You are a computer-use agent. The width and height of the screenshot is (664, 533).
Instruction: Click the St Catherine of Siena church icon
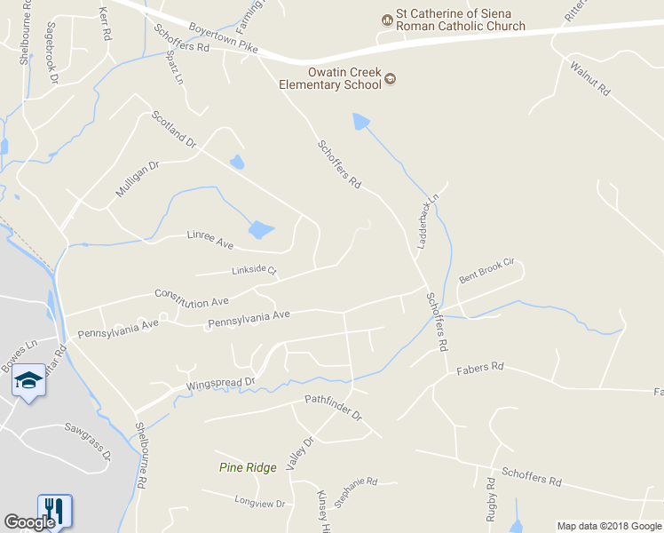coord(387,19)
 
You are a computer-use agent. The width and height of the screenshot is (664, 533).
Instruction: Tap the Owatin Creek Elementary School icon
coord(390,80)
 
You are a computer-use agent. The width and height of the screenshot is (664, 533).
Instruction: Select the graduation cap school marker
coord(28,380)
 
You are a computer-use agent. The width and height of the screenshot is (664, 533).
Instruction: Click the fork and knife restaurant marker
coord(54,509)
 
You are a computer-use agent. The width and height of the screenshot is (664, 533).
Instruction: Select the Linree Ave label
coord(209,238)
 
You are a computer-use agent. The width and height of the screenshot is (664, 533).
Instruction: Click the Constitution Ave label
coord(191,298)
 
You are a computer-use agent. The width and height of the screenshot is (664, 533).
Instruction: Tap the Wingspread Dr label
coord(220,385)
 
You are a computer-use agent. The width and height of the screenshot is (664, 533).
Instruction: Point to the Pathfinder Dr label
coord(334,409)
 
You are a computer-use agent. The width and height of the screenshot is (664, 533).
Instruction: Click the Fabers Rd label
coord(479,366)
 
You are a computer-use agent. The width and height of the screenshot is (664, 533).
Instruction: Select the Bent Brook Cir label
coord(486,271)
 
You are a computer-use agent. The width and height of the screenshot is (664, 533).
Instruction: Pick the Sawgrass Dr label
coord(87,441)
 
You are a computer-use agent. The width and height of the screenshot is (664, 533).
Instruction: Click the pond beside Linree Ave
coord(261,230)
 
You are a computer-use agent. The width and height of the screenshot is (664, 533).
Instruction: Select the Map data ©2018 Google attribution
coord(610,526)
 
